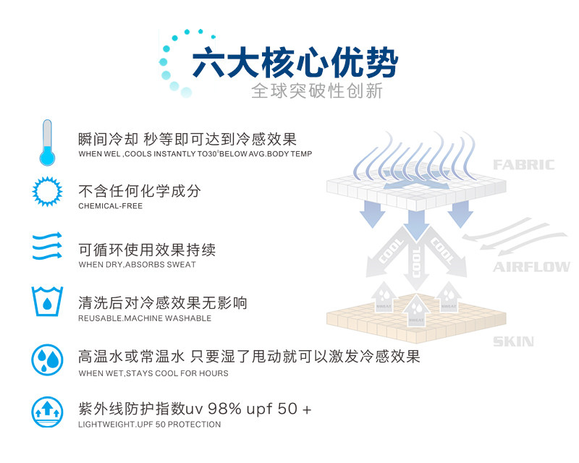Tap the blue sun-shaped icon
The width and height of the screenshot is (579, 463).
tap(48, 192)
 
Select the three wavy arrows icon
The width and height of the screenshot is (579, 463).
tap(48, 247)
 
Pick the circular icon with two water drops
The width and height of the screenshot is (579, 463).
tap(48, 359)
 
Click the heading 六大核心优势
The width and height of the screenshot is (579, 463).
tap(294, 64)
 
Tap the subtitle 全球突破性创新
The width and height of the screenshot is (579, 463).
tap(316, 91)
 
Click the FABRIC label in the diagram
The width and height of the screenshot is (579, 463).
tap(523, 165)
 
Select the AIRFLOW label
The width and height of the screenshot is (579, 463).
tap(531, 268)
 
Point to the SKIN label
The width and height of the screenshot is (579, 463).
tap(513, 341)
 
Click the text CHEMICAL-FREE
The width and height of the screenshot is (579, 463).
tap(111, 207)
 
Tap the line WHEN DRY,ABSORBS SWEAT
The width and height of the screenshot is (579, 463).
tap(137, 265)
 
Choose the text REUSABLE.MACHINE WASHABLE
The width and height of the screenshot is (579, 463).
tap(145, 318)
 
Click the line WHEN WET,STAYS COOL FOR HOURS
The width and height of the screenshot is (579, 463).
tap(153, 373)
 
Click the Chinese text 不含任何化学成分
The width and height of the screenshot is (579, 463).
tap(140, 191)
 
